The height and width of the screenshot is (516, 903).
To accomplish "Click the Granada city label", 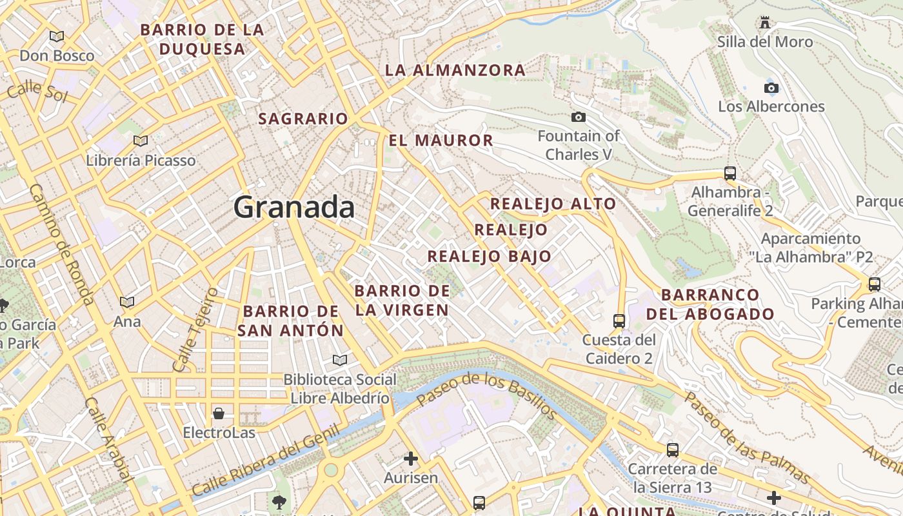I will pyautogui.click(x=294, y=208).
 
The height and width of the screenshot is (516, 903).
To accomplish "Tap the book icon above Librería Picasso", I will pyautogui.click(x=140, y=141).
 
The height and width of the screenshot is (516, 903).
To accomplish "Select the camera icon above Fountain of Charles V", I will pyautogui.click(x=579, y=117).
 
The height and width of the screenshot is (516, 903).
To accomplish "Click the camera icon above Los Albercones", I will pyautogui.click(x=771, y=88).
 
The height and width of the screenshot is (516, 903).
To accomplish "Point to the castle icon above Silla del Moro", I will pyautogui.click(x=765, y=23).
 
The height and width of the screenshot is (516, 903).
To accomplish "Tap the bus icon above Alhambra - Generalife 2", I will pyautogui.click(x=730, y=173).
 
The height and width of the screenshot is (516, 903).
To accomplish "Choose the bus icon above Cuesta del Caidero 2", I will pyautogui.click(x=619, y=320).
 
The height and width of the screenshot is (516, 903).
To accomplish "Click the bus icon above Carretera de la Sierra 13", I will pyautogui.click(x=672, y=450).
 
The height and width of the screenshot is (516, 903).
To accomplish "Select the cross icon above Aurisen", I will pyautogui.click(x=410, y=459).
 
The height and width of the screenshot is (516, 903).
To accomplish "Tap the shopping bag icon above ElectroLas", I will pyautogui.click(x=219, y=413).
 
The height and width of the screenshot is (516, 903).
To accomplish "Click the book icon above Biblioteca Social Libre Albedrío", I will pyautogui.click(x=340, y=360).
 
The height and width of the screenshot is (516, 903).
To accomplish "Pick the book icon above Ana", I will pyautogui.click(x=127, y=302).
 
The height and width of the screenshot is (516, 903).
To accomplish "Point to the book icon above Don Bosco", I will pyautogui.click(x=57, y=37).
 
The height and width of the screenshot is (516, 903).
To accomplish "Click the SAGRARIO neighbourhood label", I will pyautogui.click(x=303, y=119).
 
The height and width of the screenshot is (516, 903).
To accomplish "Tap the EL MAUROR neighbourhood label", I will pyautogui.click(x=441, y=140).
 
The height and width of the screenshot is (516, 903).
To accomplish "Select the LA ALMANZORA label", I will pyautogui.click(x=455, y=70).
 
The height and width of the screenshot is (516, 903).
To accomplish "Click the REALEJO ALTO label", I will pyautogui.click(x=553, y=204).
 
